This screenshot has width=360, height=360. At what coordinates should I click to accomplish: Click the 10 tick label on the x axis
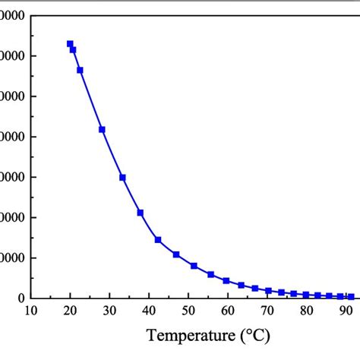[x=30, y=310]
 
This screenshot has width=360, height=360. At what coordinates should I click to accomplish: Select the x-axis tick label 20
[x=70, y=310]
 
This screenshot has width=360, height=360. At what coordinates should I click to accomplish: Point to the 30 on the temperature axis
[x=109, y=310]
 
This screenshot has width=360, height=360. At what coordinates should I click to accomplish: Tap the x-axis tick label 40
[x=149, y=310]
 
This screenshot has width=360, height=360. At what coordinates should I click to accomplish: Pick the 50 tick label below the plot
[x=188, y=310]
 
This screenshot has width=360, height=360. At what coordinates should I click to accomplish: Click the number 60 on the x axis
[x=228, y=310]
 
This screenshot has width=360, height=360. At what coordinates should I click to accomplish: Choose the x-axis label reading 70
[x=267, y=310]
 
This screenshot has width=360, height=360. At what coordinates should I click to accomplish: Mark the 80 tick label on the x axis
[x=307, y=310]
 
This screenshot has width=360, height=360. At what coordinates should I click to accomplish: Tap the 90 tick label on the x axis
[x=346, y=310]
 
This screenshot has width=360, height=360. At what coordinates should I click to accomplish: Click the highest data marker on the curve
[x=70, y=44]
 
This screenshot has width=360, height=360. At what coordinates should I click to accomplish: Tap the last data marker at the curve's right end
[x=351, y=297]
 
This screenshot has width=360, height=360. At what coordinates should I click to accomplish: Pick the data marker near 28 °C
[x=102, y=130]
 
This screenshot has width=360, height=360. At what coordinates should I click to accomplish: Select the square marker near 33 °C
[x=122, y=178]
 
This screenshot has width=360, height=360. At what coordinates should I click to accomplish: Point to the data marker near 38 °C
[x=141, y=213]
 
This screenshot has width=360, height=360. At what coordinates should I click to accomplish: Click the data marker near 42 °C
[x=158, y=240]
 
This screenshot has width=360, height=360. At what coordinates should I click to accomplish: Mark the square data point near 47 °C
[x=176, y=255]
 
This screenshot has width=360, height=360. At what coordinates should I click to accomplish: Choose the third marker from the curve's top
[x=80, y=70]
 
